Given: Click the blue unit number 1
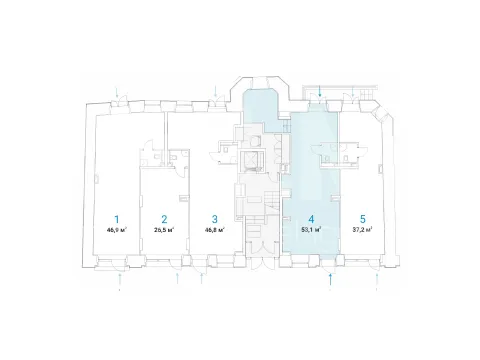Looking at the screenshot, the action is pyautogui.click(x=117, y=219).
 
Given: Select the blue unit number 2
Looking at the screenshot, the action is pyautogui.click(x=164, y=219).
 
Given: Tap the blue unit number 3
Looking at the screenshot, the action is pyautogui.click(x=215, y=219).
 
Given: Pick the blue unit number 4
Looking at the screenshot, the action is pyautogui.click(x=311, y=219).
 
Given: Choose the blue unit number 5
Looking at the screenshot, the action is pyautogui.click(x=363, y=219).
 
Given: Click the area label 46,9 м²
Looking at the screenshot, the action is pyautogui.click(x=117, y=229).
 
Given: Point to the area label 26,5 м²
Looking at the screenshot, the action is pyautogui.click(x=164, y=229).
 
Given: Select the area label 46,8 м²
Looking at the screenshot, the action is pyautogui.click(x=215, y=229).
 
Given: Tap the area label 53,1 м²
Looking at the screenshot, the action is pyautogui.click(x=311, y=229).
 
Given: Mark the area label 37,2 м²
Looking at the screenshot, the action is pyautogui.click(x=363, y=229).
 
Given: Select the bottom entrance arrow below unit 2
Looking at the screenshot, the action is pyautogui.click(x=177, y=279).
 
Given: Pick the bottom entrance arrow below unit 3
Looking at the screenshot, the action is pyautogui.click(x=201, y=279).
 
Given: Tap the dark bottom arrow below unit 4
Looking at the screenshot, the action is pyautogui.click(x=330, y=279).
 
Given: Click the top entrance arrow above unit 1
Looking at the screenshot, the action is pyautogui.click(x=117, y=92).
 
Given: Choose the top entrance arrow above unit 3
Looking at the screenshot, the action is pyautogui.click(x=216, y=91).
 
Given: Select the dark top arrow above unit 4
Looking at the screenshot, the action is pyautogui.click(x=320, y=91).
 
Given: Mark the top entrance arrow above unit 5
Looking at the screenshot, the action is pyautogui.click(x=353, y=92).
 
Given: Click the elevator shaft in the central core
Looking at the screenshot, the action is pyautogui.click(x=251, y=161).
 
